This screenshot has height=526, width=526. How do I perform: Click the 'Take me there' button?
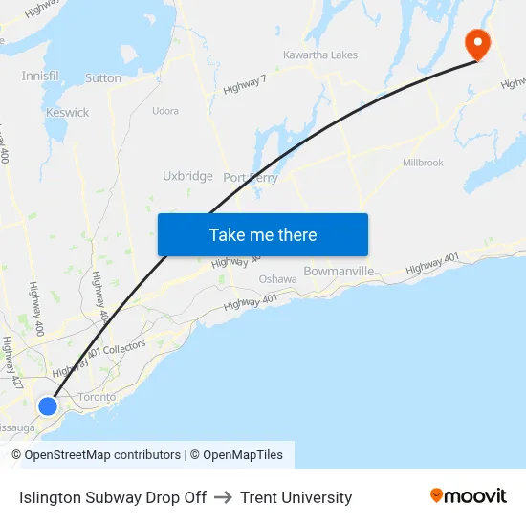[x=263, y=235]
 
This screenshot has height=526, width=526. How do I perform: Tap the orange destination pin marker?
[x=475, y=44]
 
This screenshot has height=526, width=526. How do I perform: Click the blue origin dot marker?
[x=48, y=406]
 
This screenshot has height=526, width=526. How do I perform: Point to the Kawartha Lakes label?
[x=319, y=55]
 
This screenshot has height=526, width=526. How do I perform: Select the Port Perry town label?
[x=250, y=178]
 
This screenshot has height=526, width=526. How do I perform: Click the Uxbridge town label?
[x=187, y=176]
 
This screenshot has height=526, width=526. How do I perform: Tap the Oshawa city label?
[x=278, y=279]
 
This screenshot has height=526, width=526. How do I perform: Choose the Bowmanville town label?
[x=339, y=272]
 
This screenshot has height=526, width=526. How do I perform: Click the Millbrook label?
[x=423, y=163]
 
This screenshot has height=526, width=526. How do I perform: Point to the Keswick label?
[x=67, y=113]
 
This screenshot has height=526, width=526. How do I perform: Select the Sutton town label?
[x=103, y=78]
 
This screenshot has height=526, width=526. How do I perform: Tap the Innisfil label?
[x=40, y=76]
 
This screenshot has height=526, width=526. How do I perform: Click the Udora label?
[x=165, y=111]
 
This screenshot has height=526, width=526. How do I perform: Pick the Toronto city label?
[x=97, y=397]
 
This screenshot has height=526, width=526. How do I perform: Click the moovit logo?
[x=468, y=496]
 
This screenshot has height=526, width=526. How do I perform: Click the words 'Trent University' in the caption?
[x=296, y=497]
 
